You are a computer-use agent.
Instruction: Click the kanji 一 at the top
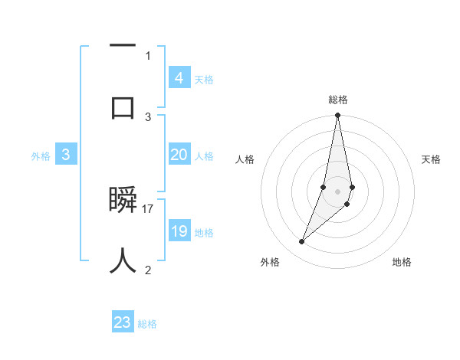pos(123,47)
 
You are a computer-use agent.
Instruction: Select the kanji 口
pos(123,106)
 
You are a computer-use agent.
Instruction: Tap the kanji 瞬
pos(123,201)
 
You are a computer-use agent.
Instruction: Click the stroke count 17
pos(148,208)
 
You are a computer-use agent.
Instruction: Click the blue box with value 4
pos(179,77)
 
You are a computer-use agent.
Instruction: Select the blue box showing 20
pos(179,155)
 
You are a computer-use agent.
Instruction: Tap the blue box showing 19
pos(179,231)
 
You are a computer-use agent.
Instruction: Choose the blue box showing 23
pos(123,322)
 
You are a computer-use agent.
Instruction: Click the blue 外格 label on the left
pos(41,155)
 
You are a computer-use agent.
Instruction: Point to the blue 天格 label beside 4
pos(204,80)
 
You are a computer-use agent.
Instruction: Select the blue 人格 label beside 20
pos(204,156)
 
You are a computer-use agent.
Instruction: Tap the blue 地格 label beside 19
pos(204,233)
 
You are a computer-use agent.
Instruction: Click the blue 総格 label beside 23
pos(147,324)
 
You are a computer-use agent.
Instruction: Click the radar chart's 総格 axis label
pos(337,100)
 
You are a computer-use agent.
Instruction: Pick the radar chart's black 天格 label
pos(431,159)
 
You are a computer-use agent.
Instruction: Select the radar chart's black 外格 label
pos(269,262)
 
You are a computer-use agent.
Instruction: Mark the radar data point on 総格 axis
pos(337,116)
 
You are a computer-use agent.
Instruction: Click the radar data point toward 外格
pos(301,242)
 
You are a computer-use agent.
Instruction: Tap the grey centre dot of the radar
pos(337,191)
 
